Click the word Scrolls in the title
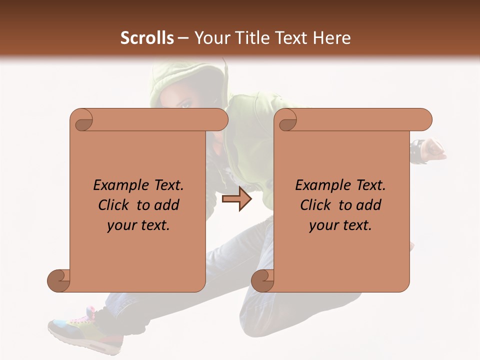pos(147,38)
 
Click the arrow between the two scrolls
pos(236,199)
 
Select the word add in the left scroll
pos(167,205)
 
